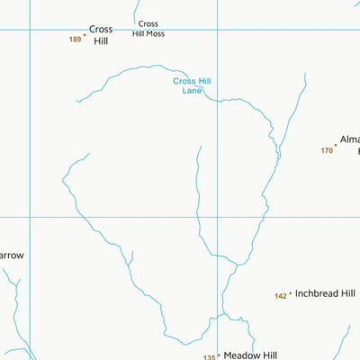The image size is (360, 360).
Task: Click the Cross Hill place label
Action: pos(101,35)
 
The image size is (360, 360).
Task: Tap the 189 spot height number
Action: pos(75,40)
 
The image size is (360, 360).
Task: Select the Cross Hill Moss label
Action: pos(148,29)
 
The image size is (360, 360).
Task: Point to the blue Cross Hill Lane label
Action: pos(192,85)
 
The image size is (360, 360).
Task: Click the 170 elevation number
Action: pos(327,150)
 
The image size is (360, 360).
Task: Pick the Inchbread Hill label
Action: pos(325,294)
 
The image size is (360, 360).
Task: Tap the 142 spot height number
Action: pos(281,295)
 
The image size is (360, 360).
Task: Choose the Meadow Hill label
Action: pos(251,355)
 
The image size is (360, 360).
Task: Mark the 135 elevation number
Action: pos(210,356)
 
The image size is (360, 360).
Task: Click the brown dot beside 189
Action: pos(85,36)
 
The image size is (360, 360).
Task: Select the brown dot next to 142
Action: pos(291,294)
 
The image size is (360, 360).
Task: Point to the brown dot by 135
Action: pos(219,355)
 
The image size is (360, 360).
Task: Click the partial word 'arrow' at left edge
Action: pos(12,256)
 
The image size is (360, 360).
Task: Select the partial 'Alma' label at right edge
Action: pos(349,140)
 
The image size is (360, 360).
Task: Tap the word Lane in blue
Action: pos(192,91)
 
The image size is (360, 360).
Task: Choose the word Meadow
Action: pos(240,355)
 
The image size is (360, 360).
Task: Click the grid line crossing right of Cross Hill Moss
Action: pos(217,30)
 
